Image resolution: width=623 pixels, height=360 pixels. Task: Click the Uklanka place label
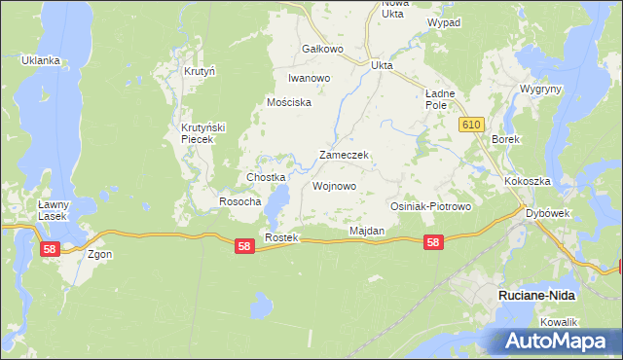coord(41,60)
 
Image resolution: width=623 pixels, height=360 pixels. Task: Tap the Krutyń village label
coord(199,71)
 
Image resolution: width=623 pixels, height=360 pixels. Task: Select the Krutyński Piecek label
coord(203,133)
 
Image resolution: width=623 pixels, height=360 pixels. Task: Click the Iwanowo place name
coord(310,78)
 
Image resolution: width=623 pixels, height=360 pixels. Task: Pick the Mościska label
coord(289,102)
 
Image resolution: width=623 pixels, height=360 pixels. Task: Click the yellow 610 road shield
coord(472,124)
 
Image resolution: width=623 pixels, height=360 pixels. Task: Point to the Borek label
coord(506,139)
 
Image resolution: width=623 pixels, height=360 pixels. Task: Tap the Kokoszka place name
coord(528,182)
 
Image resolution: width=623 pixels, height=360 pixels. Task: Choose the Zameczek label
coord(343,156)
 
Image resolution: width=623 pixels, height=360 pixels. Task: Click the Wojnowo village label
coord(334,185)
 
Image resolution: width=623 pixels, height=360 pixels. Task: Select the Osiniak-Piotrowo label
coord(430,207)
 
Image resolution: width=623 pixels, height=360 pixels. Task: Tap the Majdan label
coord(367,231)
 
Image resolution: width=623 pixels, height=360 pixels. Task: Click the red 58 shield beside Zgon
coord(51,250)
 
